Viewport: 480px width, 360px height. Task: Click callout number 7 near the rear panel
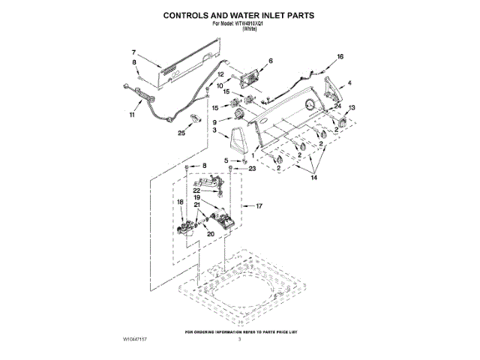pos(133,52)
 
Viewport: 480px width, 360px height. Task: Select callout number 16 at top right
pos(340,57)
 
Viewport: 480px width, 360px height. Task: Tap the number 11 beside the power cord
pos(133,115)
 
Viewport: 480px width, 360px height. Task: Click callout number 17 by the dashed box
pos(260,205)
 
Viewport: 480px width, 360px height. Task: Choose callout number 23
pos(252,169)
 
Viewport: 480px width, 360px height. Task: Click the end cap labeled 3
pos(238,140)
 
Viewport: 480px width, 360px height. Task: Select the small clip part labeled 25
pos(195,118)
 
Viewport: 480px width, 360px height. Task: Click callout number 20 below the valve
pos(210,234)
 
